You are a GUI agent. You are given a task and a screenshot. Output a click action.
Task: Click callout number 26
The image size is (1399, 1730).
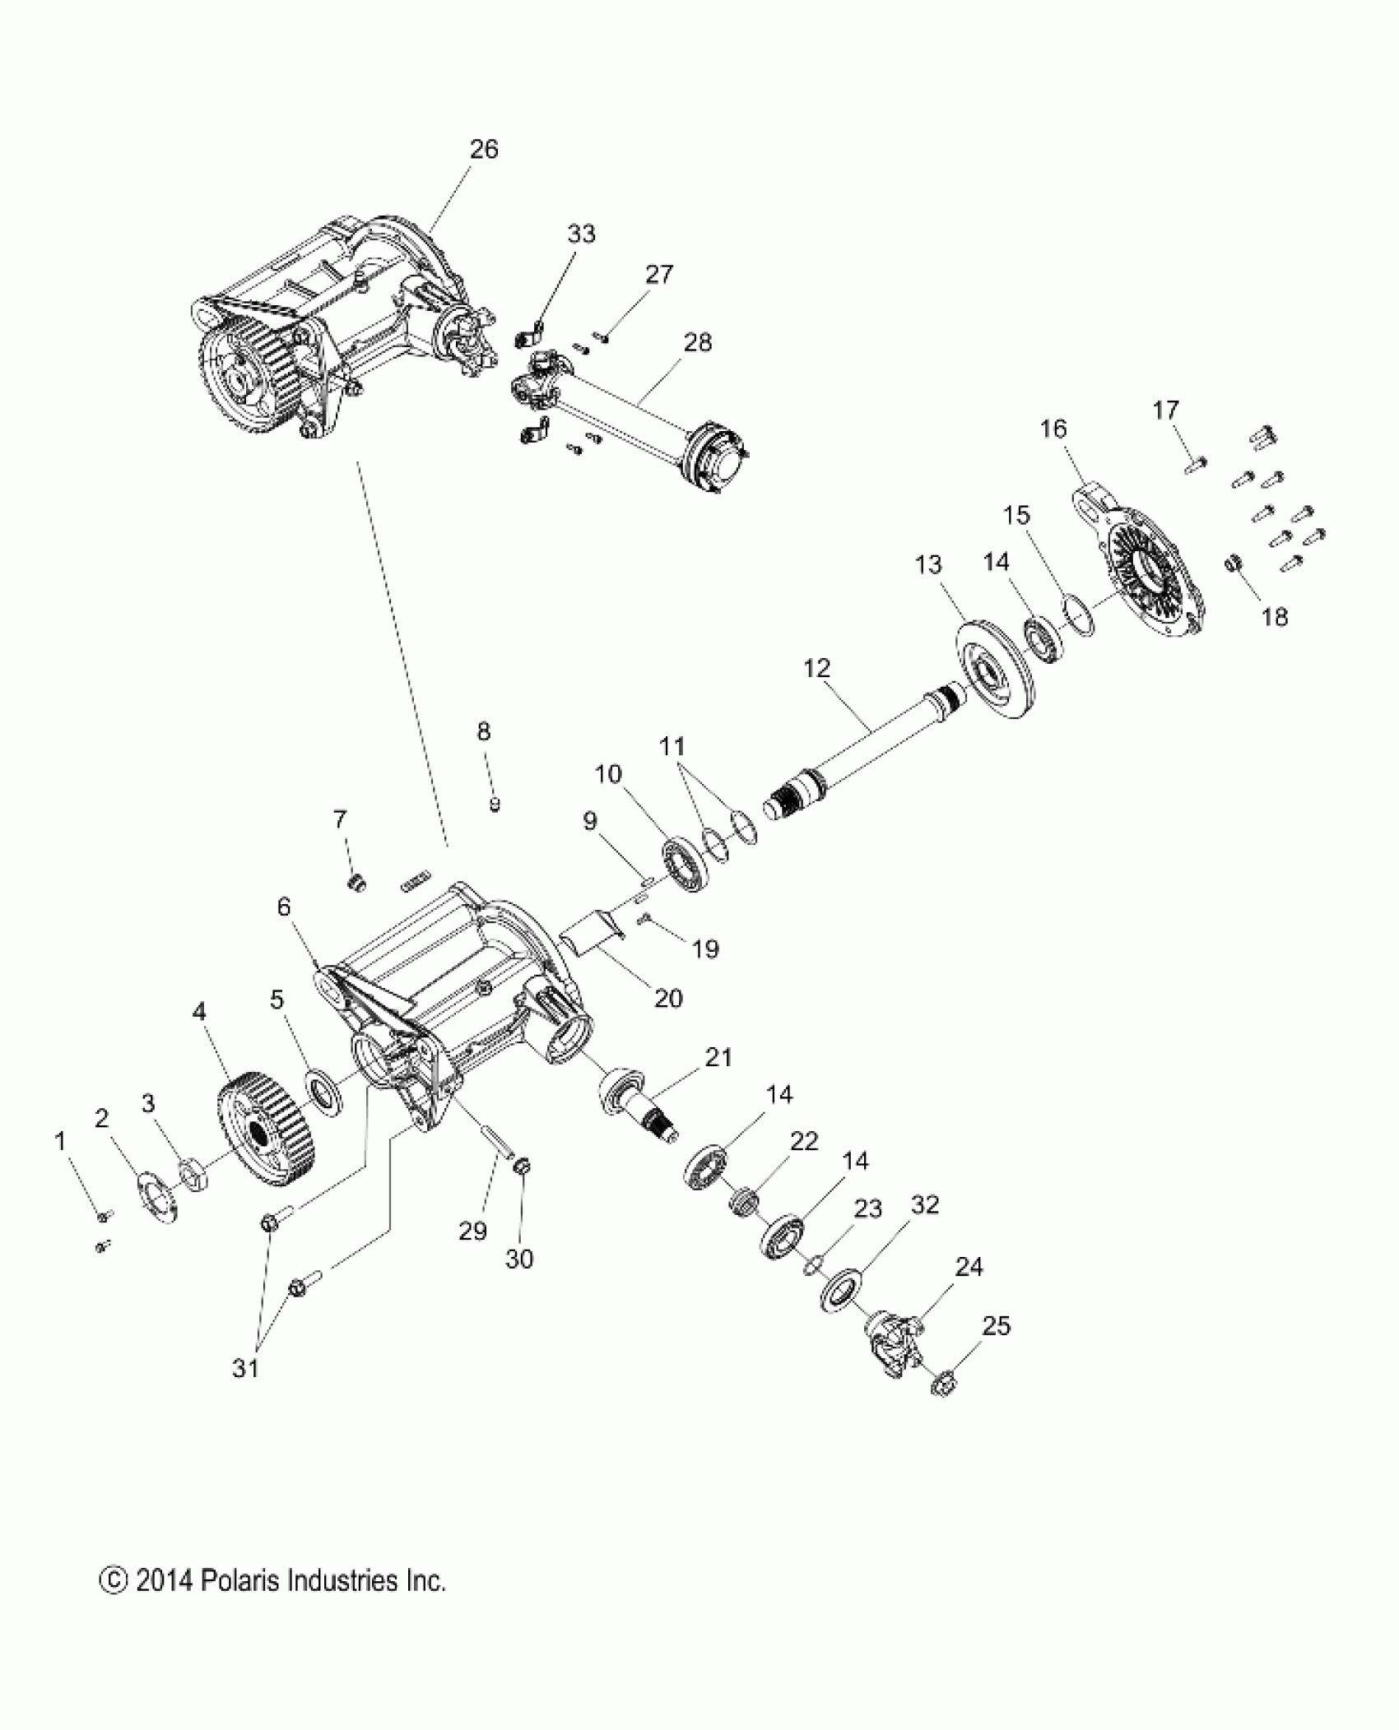click(484, 150)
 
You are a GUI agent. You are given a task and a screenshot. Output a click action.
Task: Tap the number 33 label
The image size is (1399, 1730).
click(581, 234)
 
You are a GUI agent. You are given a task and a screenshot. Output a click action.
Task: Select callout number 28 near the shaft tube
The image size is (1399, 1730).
click(698, 342)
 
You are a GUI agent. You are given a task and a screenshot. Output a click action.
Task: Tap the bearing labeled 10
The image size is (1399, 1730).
click(685, 865)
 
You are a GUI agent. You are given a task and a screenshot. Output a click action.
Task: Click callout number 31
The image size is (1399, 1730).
click(246, 1369)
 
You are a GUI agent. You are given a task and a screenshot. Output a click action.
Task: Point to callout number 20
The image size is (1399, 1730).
click(668, 998)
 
